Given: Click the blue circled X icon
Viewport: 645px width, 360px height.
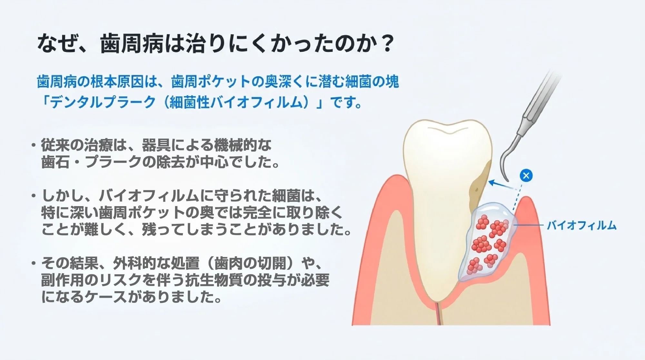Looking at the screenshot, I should coord(526,175).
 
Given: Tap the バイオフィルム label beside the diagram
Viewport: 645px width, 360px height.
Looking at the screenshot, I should coord(581,225).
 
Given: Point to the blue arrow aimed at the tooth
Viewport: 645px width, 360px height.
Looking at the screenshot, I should coord(500,185).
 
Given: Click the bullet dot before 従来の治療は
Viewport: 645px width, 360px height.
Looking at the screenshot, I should coord(33,145).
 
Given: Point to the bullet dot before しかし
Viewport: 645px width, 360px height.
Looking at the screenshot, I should coord(33,196).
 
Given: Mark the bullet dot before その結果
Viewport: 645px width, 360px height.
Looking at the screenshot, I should coord(33,263).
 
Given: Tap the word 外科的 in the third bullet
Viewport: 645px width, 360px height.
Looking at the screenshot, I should coord(134,263).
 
